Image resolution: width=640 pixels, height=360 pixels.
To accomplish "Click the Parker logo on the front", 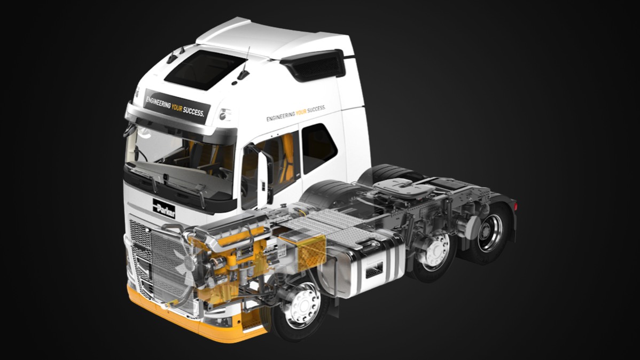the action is [x=164, y=208].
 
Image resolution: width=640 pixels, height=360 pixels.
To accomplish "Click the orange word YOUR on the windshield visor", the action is [x=177, y=107].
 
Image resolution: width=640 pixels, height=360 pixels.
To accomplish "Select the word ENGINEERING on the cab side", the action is [x=280, y=115].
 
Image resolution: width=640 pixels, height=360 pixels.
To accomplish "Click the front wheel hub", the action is [x=302, y=305].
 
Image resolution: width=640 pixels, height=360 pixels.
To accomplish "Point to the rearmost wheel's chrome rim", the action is [x=489, y=233].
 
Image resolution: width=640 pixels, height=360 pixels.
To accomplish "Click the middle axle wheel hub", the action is [x=435, y=250].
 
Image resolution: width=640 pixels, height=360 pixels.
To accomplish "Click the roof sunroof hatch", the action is [x=205, y=69].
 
